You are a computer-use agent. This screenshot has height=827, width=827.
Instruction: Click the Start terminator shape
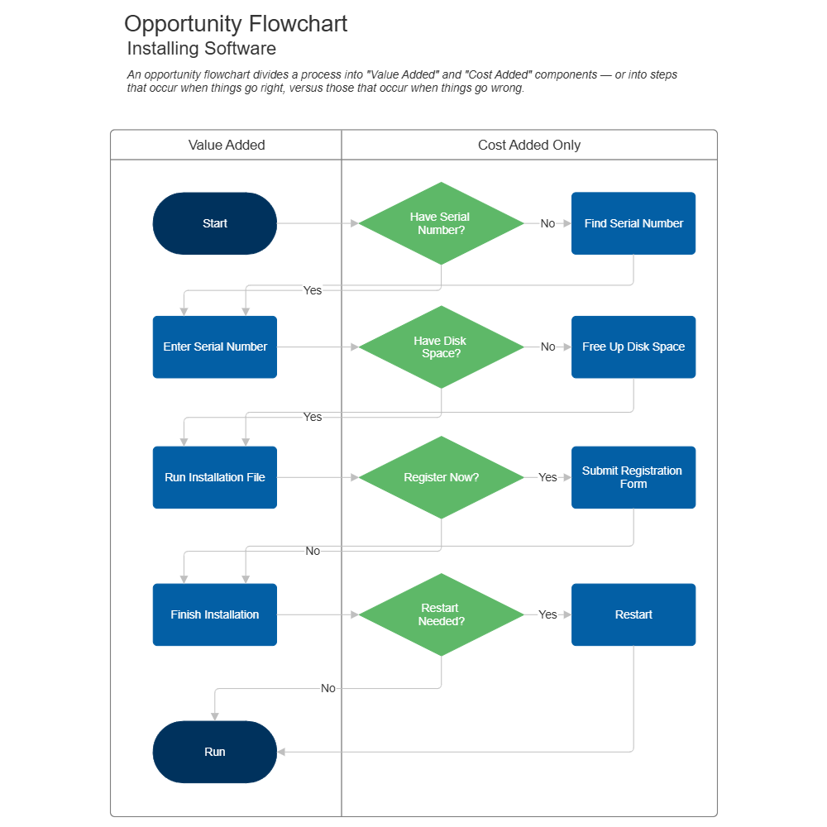215,223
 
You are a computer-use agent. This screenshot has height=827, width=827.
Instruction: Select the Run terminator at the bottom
215,752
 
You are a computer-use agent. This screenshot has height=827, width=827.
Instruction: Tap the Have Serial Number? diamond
441,223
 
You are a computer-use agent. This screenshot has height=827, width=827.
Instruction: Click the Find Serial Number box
633,223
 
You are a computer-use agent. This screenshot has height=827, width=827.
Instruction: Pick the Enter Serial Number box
215,347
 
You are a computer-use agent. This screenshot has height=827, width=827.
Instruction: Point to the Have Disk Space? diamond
441,347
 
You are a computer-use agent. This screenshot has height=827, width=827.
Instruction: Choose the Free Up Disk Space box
633,347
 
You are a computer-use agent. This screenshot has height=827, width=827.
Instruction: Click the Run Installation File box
215,477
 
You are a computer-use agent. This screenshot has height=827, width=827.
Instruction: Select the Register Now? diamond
441,477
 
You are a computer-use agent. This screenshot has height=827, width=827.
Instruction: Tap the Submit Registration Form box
633,477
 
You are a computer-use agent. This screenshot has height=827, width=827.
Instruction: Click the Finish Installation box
215,614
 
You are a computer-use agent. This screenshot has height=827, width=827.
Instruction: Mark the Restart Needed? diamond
441,614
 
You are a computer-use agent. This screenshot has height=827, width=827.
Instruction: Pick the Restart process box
633,614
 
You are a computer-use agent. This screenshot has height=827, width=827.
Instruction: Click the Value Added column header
227,146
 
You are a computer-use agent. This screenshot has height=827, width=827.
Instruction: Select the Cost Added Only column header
529,146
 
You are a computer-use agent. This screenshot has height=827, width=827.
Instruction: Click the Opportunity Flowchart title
236,24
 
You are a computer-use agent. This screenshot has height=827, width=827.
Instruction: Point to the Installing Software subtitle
202,49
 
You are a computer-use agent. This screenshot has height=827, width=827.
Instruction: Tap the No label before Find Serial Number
547,223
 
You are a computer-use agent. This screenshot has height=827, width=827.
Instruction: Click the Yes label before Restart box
547,614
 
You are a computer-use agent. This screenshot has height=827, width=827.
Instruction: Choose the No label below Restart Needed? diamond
328,688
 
